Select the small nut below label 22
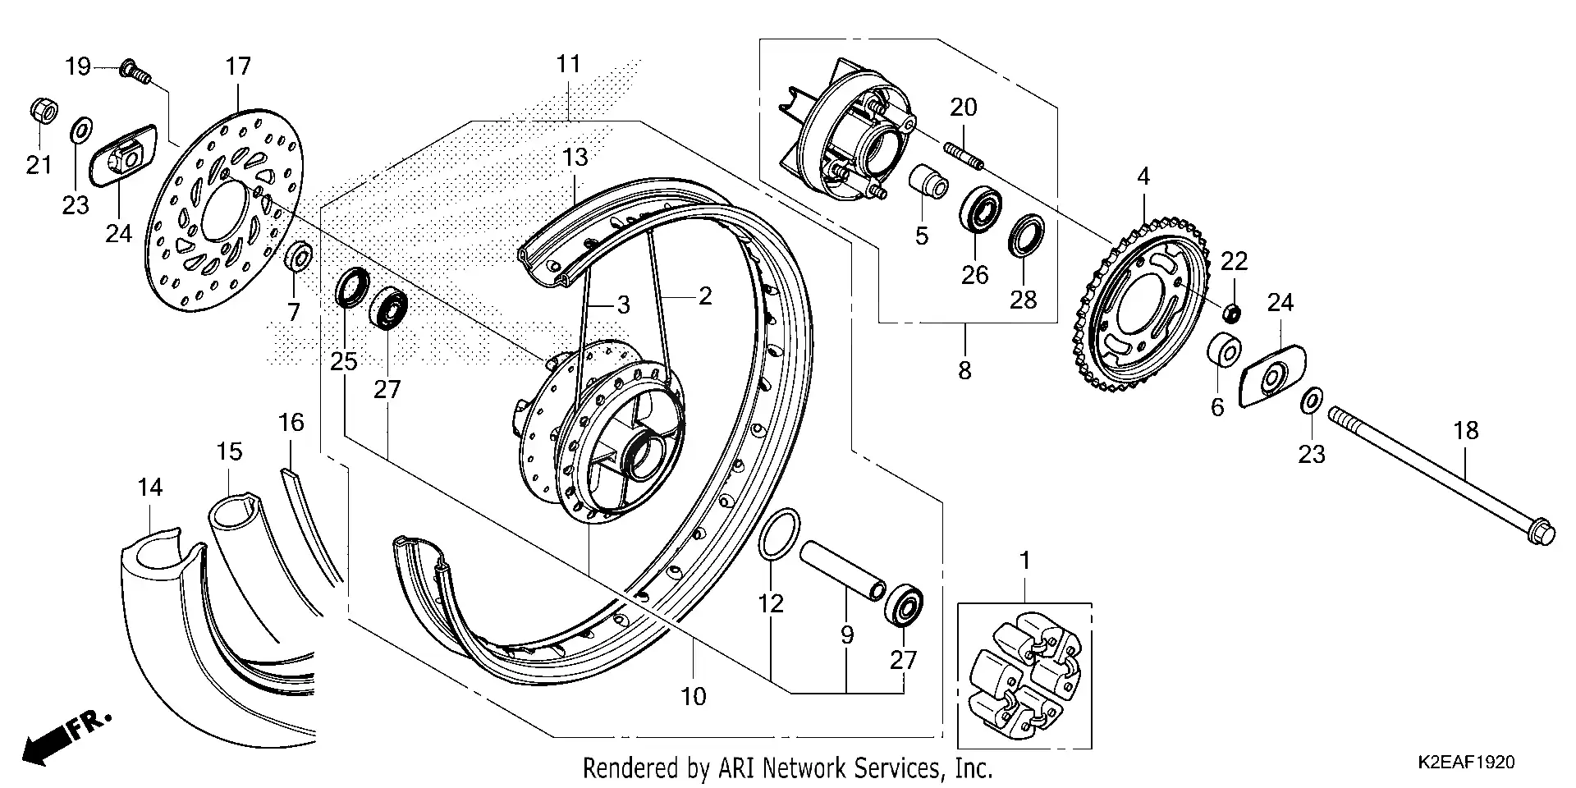click(1230, 313)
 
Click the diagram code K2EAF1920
click(1465, 762)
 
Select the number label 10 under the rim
click(693, 696)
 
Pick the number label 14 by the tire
click(150, 488)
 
